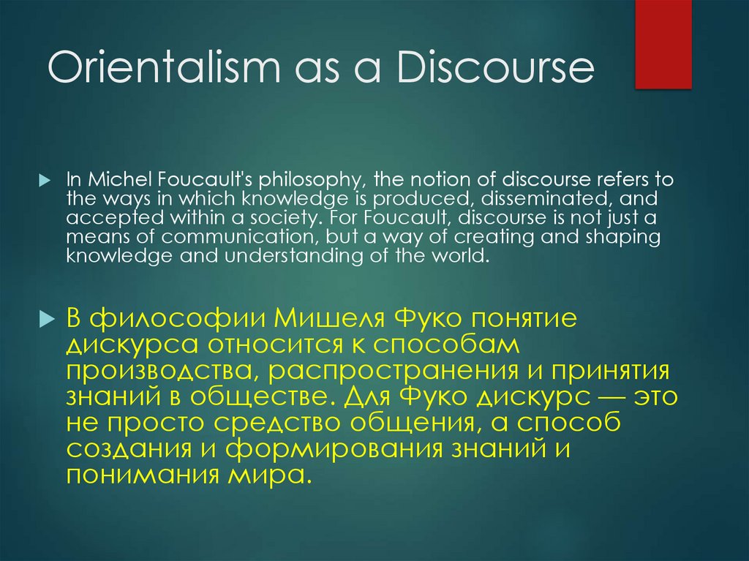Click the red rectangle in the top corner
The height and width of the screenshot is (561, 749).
coord(663,44)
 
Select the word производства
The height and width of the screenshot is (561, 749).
coord(156,371)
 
